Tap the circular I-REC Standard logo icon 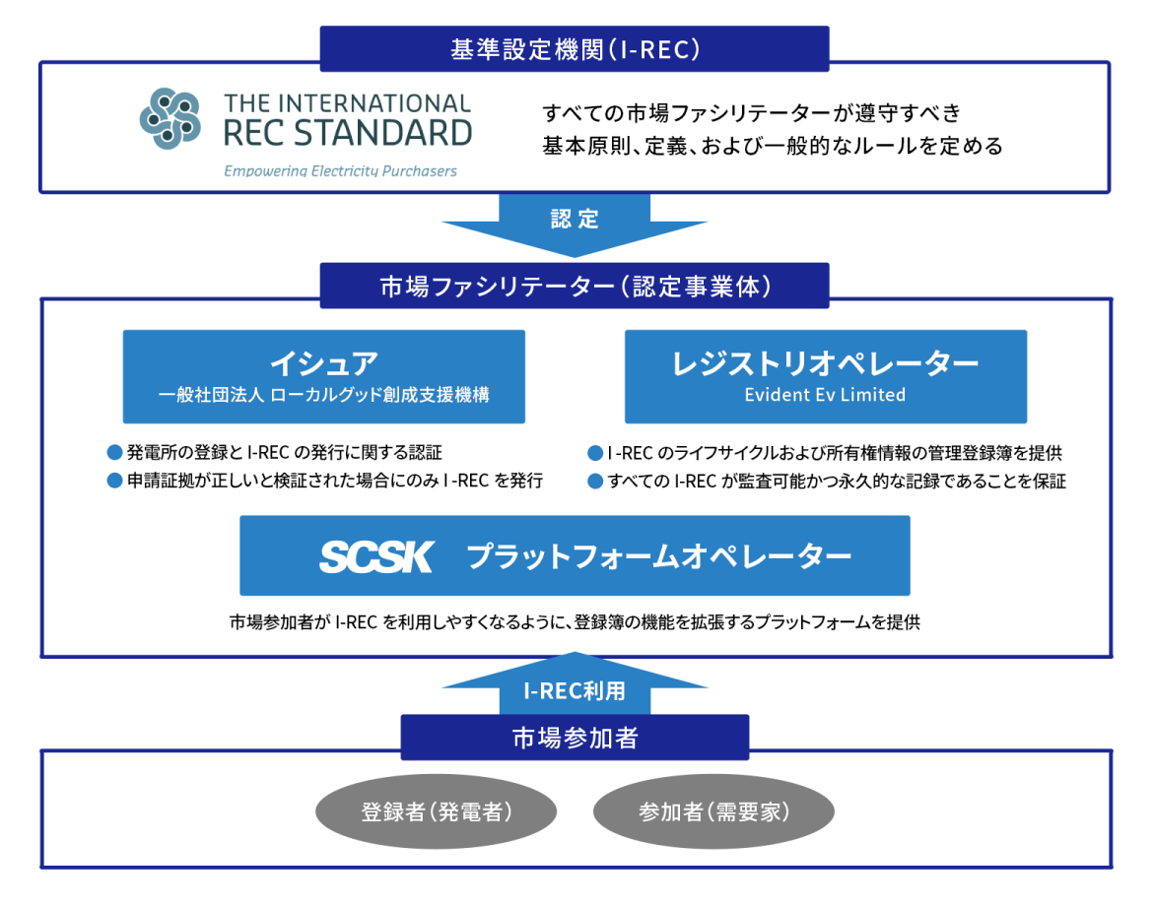(170, 118)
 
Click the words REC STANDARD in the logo (348, 132)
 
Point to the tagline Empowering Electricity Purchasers (340, 170)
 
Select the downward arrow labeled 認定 (575, 223)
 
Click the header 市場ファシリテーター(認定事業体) (575, 287)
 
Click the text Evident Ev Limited (826, 395)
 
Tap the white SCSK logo (375, 556)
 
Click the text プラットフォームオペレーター (659, 556)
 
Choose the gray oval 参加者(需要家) (714, 812)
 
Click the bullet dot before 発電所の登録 (114, 453)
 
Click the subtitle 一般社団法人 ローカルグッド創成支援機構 (323, 396)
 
